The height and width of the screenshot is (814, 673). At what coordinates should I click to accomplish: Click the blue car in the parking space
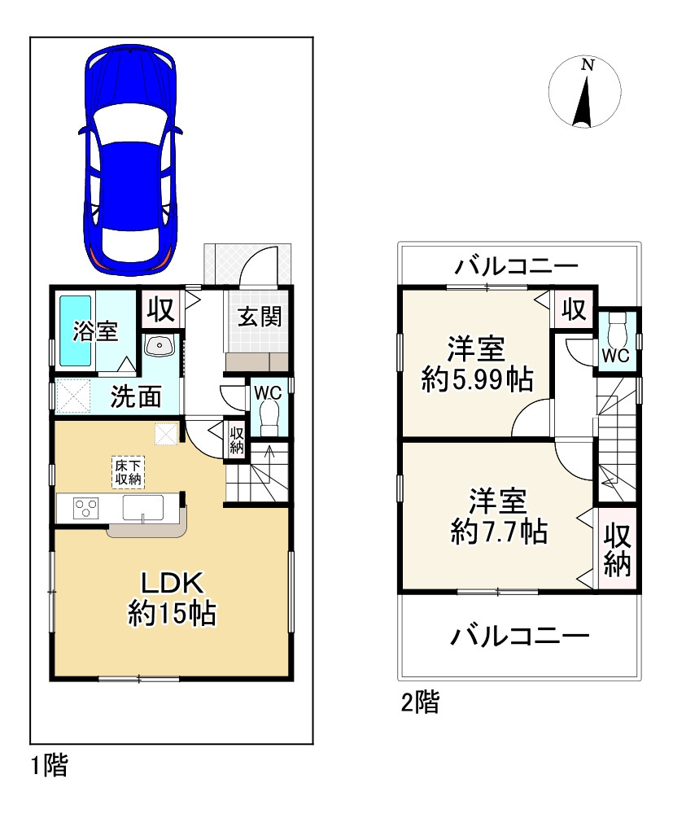[129, 159]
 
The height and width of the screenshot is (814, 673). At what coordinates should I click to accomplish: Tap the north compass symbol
[583, 94]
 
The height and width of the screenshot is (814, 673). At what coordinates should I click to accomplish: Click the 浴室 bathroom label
[95, 332]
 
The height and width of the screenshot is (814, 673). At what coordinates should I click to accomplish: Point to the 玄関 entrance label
[260, 316]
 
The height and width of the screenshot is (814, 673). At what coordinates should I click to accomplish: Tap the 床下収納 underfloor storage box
[128, 471]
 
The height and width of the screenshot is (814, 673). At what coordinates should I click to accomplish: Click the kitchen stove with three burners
[85, 509]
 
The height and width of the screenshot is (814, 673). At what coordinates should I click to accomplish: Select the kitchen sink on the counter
[144, 510]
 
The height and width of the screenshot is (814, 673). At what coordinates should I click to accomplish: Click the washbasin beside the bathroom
[159, 346]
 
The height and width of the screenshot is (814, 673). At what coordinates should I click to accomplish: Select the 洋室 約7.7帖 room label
[498, 514]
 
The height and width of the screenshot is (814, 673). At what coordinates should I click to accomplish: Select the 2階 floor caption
[419, 702]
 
